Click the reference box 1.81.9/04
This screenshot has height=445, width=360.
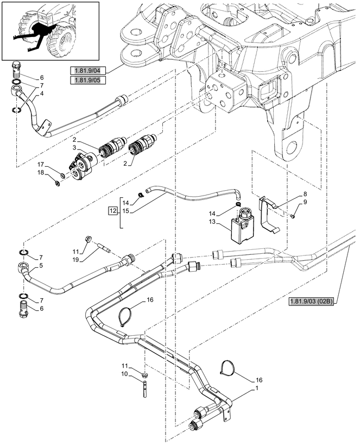[x=87, y=71]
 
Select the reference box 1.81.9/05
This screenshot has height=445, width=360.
[x=87, y=80]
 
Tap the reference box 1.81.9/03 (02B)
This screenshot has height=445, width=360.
[x=311, y=302]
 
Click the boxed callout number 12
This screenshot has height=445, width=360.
[x=113, y=211]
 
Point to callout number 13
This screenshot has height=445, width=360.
[x=212, y=222]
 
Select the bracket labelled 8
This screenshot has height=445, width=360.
[x=269, y=214]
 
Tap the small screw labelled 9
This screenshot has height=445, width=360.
[x=294, y=216]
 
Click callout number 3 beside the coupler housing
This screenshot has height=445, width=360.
[x=74, y=147]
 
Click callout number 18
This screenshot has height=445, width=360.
[x=41, y=172]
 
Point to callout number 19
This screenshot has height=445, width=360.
[x=75, y=259]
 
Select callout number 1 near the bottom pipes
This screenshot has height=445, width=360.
[x=257, y=388]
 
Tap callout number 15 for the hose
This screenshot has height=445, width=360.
[x=126, y=211]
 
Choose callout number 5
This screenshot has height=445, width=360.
[x=41, y=266]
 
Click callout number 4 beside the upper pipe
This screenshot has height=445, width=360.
[x=42, y=93]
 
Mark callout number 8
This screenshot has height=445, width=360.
[x=305, y=194]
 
